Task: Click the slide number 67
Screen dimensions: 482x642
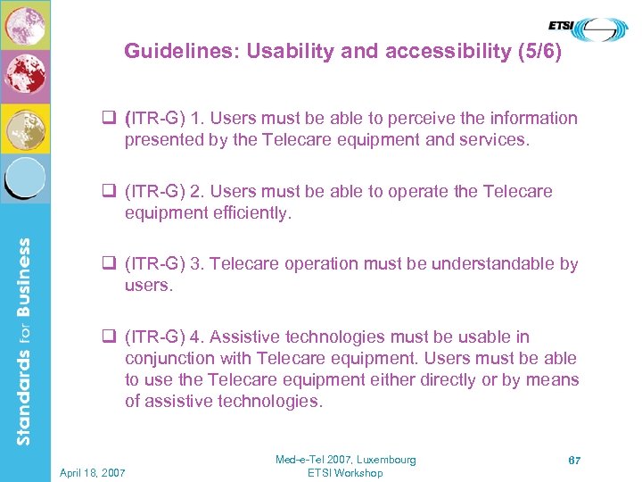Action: pos(575,460)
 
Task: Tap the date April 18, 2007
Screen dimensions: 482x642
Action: pos(94,472)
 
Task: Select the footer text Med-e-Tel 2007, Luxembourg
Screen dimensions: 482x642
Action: pos(345,460)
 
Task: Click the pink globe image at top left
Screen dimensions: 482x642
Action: pos(25,24)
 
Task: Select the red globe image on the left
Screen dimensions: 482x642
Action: pos(25,76)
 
